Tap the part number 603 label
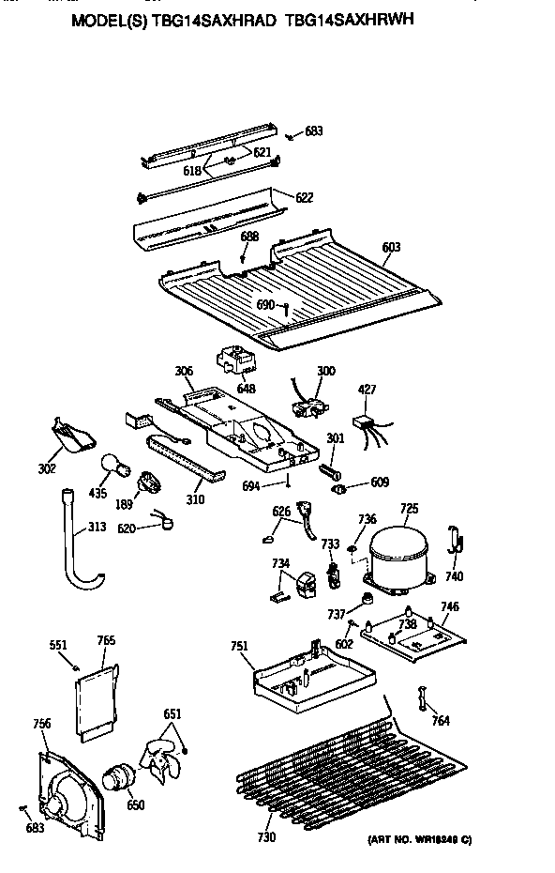(x=391, y=248)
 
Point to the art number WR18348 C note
(x=412, y=838)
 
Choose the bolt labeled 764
(x=421, y=699)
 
